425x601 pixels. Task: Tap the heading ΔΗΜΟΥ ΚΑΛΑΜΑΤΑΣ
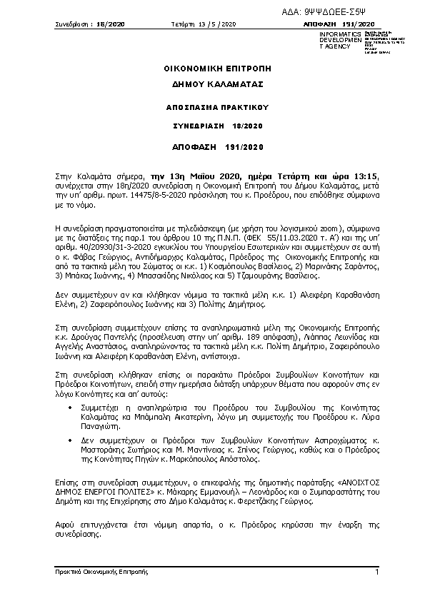coord(212,84)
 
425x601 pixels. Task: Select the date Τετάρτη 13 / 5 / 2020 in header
coord(203,24)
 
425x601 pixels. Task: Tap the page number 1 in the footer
coord(376,572)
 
